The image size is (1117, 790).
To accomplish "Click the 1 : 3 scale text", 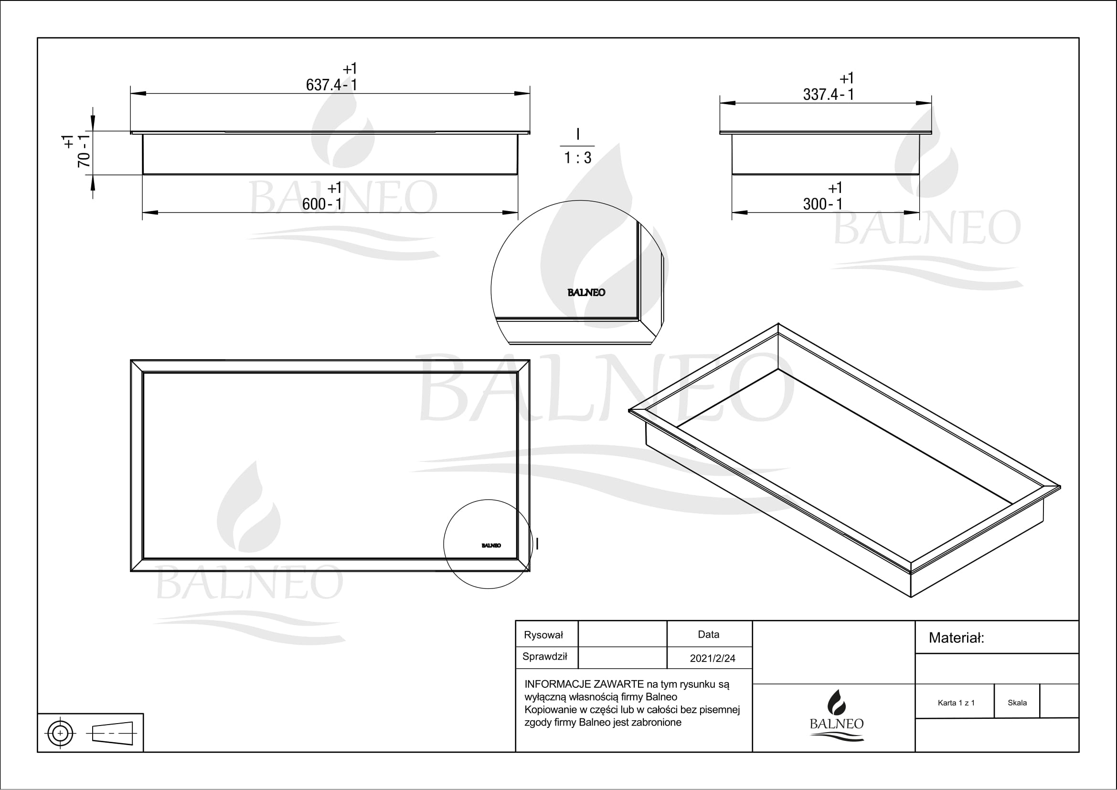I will tap(577, 158).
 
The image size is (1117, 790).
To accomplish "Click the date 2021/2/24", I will tap(712, 658).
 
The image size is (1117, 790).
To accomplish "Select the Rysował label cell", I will tap(543, 635).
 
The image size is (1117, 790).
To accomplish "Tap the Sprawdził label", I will tap(545, 656).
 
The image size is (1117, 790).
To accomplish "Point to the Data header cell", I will tap(708, 634).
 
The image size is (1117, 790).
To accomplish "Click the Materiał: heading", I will tap(956, 638).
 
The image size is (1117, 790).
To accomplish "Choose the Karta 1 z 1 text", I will tap(956, 703).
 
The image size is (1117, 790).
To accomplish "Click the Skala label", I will tap(1017, 703).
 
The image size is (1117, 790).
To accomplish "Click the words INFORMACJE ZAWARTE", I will tap(584, 684).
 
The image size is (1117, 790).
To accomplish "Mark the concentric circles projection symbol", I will tap(60, 733).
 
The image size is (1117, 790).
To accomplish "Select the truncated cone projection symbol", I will tap(113, 733).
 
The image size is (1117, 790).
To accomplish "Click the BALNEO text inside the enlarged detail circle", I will tap(586, 292).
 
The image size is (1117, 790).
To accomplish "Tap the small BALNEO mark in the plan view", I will tap(491, 545).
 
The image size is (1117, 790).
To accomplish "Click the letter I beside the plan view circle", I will tap(537, 544).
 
